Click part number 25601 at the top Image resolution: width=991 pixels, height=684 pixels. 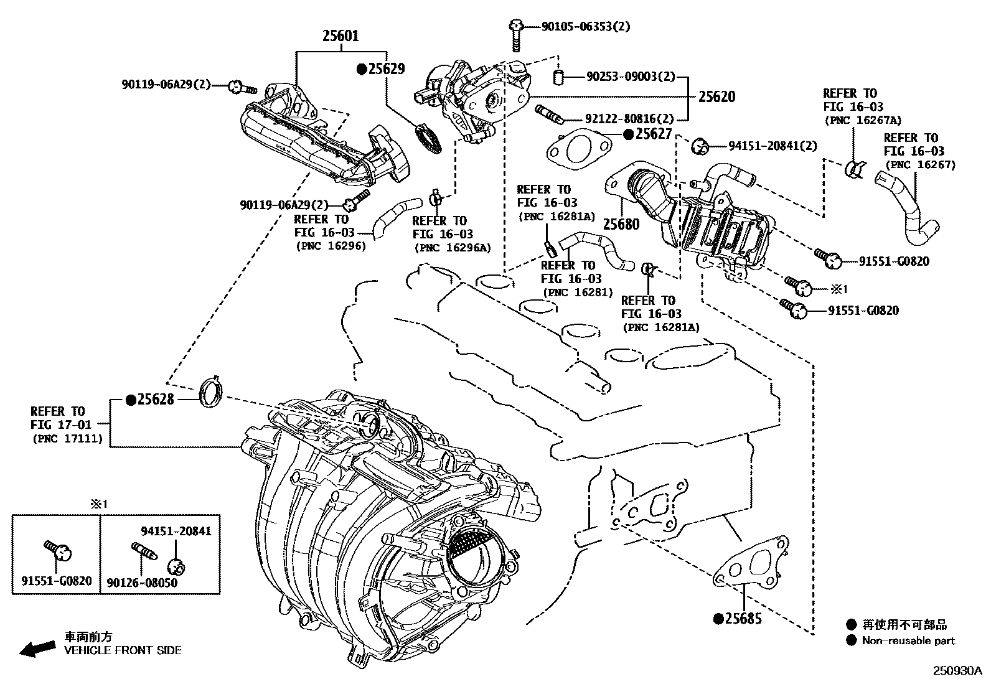341,36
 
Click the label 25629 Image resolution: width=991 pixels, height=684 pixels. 386,69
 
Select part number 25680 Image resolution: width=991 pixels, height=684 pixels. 621,224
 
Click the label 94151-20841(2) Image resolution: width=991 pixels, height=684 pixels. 773,146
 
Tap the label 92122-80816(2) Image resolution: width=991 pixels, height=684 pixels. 629,118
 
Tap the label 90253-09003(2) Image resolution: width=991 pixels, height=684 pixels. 630,77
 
